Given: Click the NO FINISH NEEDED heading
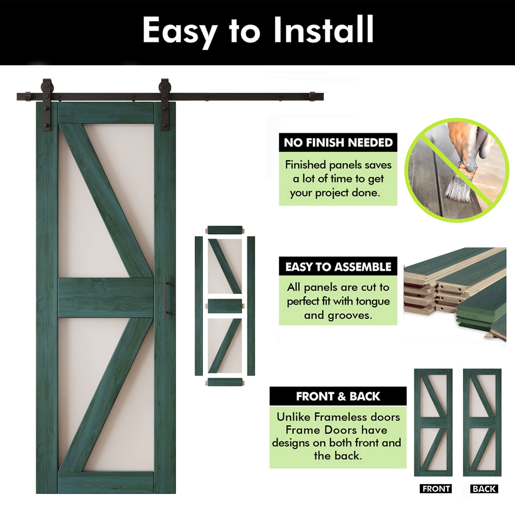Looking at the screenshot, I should point(338,143).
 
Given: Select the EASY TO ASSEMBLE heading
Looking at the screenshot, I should point(338,267).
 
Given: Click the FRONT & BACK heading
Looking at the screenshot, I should point(338,396).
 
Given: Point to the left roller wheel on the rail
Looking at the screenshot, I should point(47,86).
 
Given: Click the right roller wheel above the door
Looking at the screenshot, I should point(165,86).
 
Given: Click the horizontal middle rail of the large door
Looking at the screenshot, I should point(106,297).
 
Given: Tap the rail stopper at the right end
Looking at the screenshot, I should point(312,97).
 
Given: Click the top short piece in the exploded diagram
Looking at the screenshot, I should point(225,230).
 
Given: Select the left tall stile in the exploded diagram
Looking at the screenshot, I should point(199,306).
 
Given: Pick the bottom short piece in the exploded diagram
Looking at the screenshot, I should point(225,382).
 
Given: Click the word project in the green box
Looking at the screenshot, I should point(332,193).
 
